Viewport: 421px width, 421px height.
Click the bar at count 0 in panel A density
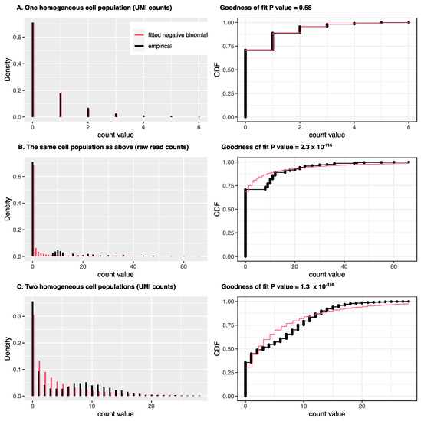click(x=32, y=70)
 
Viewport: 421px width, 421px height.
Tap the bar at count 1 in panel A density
click(x=60, y=105)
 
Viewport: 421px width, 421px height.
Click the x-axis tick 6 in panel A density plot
click(x=198, y=126)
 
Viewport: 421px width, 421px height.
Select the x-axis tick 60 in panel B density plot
click(x=183, y=265)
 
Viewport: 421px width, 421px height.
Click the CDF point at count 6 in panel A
click(x=409, y=23)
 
